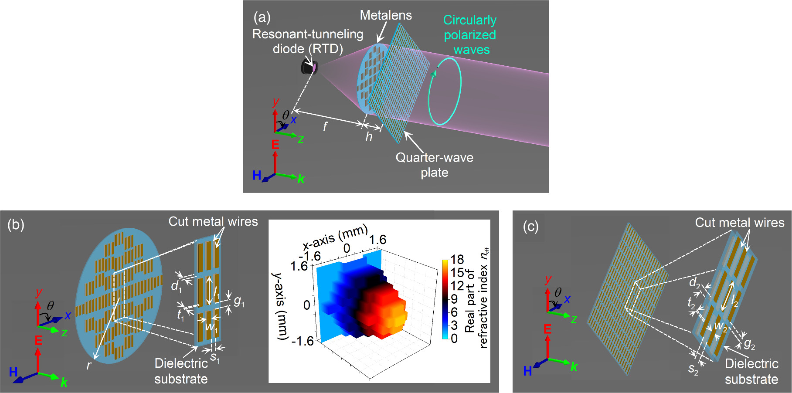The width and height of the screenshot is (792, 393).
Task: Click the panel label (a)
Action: (x=262, y=17)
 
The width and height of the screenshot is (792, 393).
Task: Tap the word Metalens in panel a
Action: (x=385, y=15)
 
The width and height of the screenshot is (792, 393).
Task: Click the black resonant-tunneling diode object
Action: (x=309, y=68)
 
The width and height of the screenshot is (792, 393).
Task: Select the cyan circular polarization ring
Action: (x=445, y=91)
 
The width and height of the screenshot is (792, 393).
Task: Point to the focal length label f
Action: (x=325, y=127)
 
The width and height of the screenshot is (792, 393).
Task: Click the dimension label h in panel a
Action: (x=369, y=137)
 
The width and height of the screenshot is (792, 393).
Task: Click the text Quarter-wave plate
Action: (x=434, y=165)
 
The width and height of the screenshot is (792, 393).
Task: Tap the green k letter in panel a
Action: (x=301, y=179)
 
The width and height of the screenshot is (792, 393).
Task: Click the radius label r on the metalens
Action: (x=88, y=365)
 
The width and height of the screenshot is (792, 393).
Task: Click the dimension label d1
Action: (x=176, y=286)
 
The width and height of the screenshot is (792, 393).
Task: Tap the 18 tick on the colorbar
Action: (x=457, y=260)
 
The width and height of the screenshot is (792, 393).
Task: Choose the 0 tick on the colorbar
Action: (x=454, y=339)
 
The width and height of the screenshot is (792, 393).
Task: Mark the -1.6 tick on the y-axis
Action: (x=302, y=341)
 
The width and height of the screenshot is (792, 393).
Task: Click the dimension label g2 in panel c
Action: (x=749, y=344)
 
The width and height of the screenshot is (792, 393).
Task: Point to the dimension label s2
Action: (x=693, y=369)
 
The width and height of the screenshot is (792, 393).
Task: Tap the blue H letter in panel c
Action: (x=527, y=371)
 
